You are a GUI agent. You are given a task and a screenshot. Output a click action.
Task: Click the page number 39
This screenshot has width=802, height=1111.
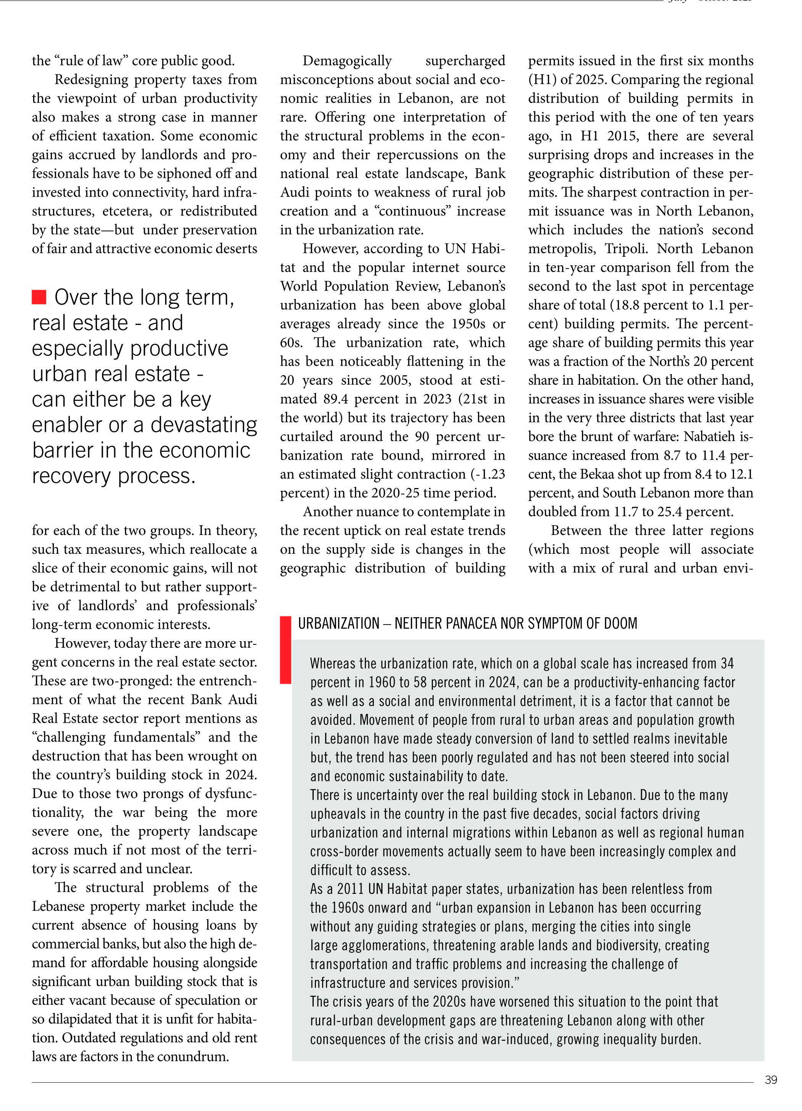point(771,1080)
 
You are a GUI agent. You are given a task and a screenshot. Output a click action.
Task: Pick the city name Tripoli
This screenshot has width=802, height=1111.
point(623,249)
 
